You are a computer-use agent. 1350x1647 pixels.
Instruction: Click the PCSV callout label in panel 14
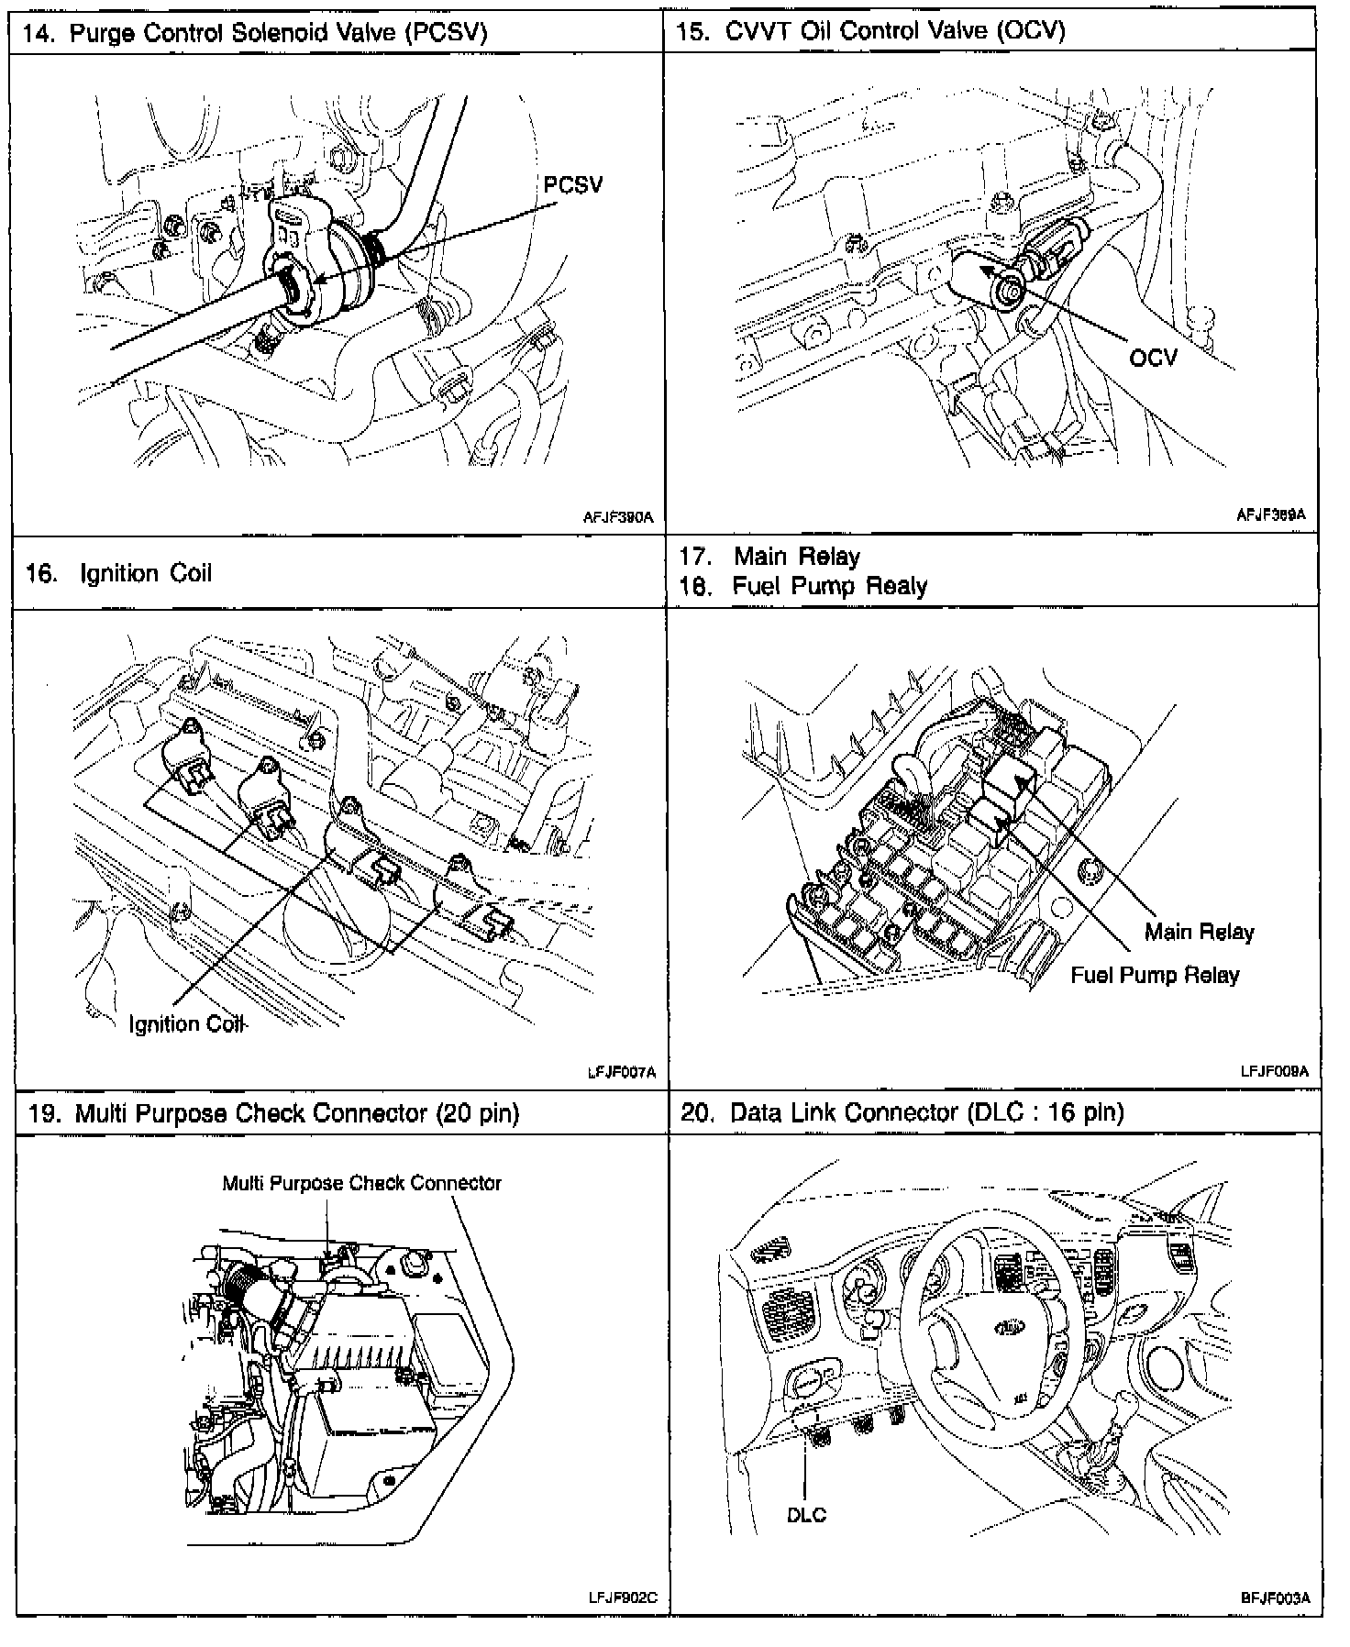(573, 185)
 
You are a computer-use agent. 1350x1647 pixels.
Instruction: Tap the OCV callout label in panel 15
(1153, 357)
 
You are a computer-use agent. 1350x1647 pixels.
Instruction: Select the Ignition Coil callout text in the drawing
(187, 1023)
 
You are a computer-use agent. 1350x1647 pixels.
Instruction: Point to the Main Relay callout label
(1199, 932)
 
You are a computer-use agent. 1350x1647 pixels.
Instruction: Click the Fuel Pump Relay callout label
(1155, 975)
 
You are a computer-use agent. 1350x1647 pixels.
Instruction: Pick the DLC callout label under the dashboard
(806, 1515)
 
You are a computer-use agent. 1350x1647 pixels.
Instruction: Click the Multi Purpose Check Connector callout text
(361, 1183)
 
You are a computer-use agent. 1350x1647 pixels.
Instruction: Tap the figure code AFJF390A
(618, 517)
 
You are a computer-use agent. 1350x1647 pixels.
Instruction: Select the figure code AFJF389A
(1270, 515)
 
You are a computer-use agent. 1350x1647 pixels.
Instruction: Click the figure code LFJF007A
(621, 1071)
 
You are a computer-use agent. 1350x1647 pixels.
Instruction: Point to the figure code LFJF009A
(1274, 1070)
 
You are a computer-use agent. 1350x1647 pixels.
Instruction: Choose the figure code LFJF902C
(623, 1597)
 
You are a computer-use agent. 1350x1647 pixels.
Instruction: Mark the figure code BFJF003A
(1275, 1597)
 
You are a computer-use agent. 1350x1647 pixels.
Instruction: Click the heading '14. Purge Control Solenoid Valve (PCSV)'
(254, 33)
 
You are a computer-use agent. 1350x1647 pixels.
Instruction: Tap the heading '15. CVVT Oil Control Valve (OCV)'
(870, 31)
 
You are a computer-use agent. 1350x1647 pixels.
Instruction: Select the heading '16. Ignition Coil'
(118, 574)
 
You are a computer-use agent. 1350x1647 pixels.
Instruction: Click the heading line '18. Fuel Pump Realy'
(802, 587)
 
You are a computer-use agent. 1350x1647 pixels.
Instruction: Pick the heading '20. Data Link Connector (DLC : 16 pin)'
(902, 1112)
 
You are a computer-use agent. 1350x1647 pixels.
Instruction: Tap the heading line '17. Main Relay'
(769, 557)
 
